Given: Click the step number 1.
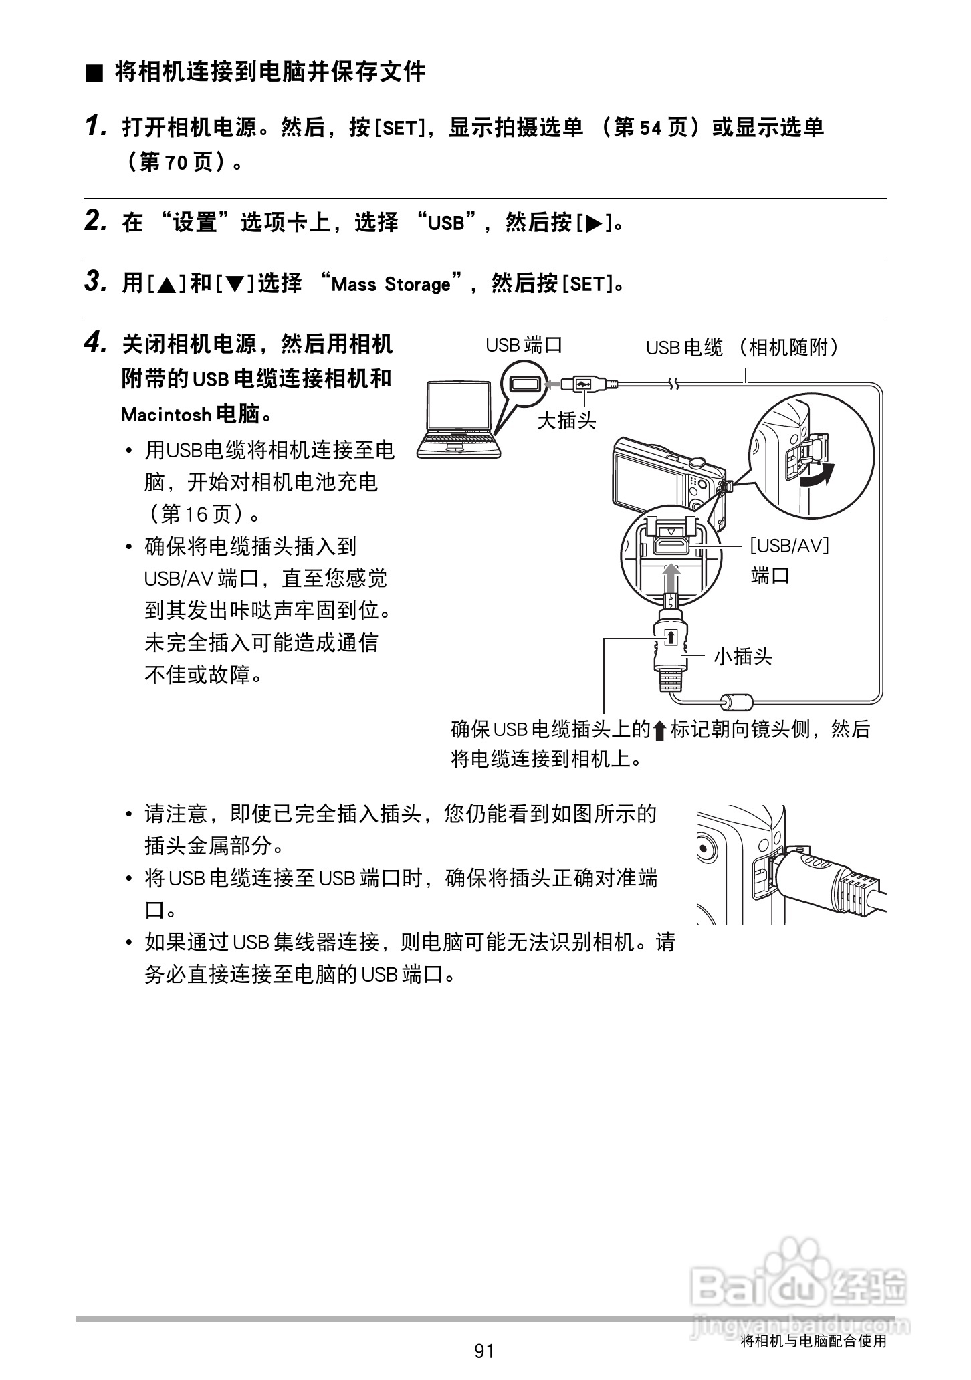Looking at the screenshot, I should click(96, 126).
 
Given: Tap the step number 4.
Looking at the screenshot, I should click(96, 344).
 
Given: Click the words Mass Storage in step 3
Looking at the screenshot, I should click(391, 285).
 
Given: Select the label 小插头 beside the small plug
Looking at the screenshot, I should click(743, 656).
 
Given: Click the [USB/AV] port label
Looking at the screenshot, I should click(789, 546).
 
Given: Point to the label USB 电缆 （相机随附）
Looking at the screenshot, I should click(742, 348).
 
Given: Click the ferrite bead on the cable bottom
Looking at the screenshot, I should click(736, 702).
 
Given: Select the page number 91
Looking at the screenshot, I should click(483, 1351).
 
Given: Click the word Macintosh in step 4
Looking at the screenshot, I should click(166, 415).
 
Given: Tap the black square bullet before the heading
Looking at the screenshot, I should click(94, 73).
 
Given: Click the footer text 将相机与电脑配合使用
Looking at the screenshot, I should click(813, 1341).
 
